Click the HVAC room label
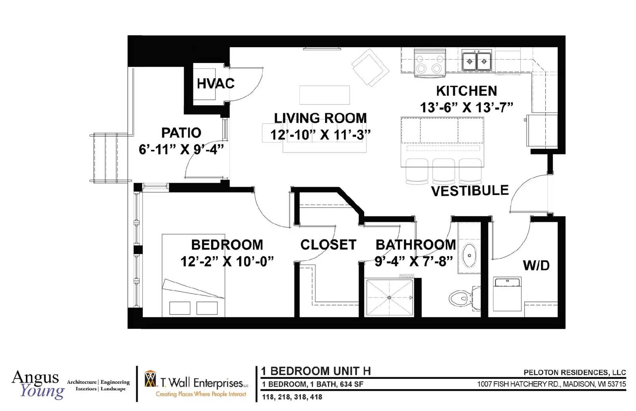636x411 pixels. point(215,83)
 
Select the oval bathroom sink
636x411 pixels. point(469,255)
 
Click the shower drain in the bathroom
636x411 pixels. point(389,297)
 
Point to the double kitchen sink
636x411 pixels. point(477,61)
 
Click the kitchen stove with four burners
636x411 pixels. point(430,63)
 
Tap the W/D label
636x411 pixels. point(536,266)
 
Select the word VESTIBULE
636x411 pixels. point(470,191)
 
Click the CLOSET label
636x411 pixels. point(328,245)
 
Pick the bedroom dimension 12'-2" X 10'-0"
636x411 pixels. point(227,261)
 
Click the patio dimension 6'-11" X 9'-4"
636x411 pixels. point(181,149)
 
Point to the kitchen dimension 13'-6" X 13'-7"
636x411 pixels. point(467,108)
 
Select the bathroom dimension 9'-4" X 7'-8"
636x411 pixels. point(414,261)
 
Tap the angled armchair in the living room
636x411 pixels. point(370,68)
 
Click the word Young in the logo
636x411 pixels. point(42,392)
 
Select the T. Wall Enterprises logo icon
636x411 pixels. point(151,379)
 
